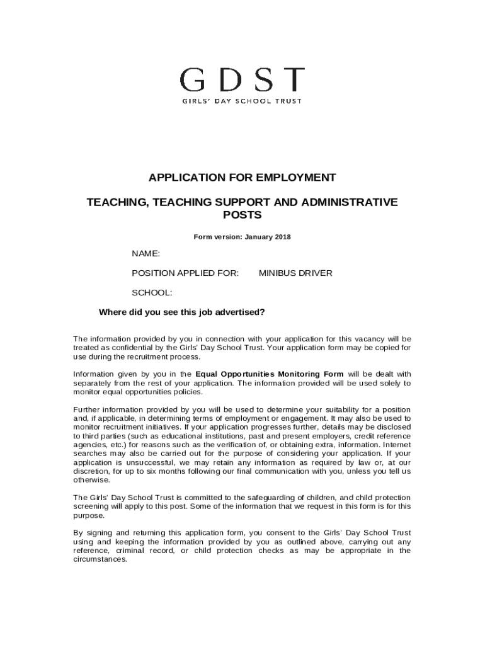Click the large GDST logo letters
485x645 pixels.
coord(242,80)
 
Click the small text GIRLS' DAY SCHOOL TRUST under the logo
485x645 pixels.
coord(242,101)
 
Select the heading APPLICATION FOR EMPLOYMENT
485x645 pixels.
coord(242,178)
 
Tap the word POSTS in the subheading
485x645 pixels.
coord(242,215)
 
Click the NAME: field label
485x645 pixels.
coord(145,254)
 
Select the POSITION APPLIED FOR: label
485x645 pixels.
coord(185,273)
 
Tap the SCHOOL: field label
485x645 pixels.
coord(151,292)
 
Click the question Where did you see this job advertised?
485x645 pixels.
coord(182,312)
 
